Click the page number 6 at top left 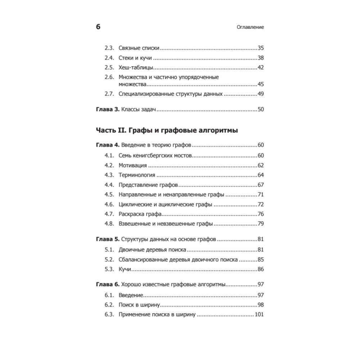pyautogui.click(x=98, y=27)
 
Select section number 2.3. pyautogui.click(x=109, y=48)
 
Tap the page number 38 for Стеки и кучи pyautogui.click(x=261, y=58)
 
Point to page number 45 pyautogui.click(x=261, y=84)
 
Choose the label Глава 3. pyautogui.click(x=107, y=109)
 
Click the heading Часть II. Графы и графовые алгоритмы pyautogui.click(x=167, y=130)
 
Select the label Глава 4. pyautogui.click(x=107, y=145)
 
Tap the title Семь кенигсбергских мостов pyautogui.click(x=154, y=156)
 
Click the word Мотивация pyautogui.click(x=132, y=165)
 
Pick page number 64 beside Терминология pyautogui.click(x=261, y=175)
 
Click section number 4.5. pyautogui.click(x=109, y=194)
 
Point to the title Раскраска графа pyautogui.click(x=139, y=214)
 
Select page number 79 pyautogui.click(x=261, y=224)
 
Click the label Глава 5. pyautogui.click(x=107, y=239)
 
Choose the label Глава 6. pyautogui.click(x=107, y=284)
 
